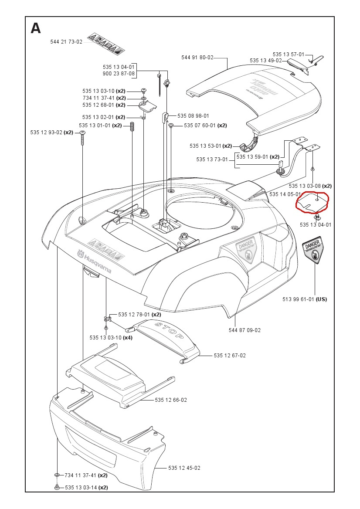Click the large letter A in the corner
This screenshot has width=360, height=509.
36,28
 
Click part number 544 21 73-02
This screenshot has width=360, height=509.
66,42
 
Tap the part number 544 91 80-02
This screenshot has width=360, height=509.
197,57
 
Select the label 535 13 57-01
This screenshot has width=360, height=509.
289,54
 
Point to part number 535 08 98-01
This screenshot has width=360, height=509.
193,116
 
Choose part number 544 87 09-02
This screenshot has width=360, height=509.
245,330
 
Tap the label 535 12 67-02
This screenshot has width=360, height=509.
230,356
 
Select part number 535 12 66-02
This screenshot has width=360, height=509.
171,400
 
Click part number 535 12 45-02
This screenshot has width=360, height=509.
184,468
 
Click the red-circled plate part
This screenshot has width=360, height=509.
312,203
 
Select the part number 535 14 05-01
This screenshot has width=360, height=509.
285,194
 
